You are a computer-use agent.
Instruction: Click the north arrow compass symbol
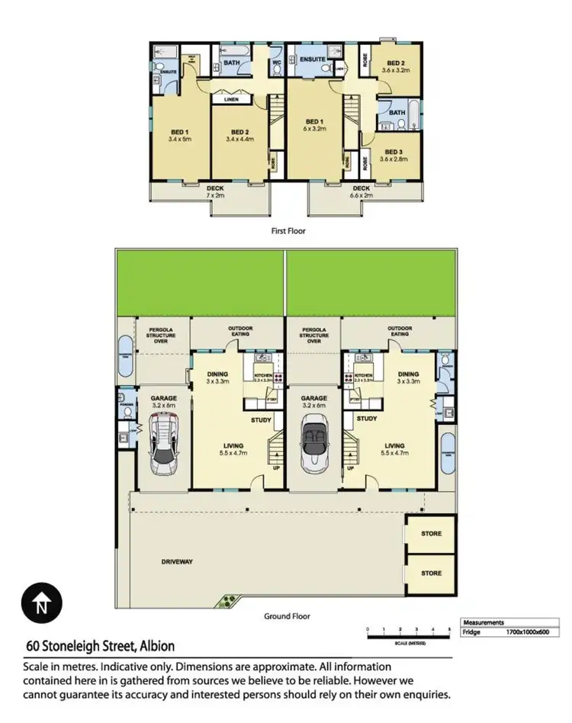click(x=41, y=606)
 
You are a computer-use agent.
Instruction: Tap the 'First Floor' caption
click(x=288, y=230)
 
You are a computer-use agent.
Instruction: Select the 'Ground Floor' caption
click(x=287, y=616)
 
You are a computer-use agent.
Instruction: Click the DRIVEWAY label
click(x=177, y=562)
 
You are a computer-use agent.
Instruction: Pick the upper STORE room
click(x=431, y=534)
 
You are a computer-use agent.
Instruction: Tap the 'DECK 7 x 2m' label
click(x=215, y=191)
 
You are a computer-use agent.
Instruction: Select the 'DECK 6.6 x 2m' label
click(x=361, y=191)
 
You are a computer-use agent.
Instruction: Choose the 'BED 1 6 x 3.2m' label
click(x=313, y=126)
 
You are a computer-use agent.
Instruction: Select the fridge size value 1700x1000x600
click(x=526, y=633)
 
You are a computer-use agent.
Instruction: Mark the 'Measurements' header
click(x=484, y=622)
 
